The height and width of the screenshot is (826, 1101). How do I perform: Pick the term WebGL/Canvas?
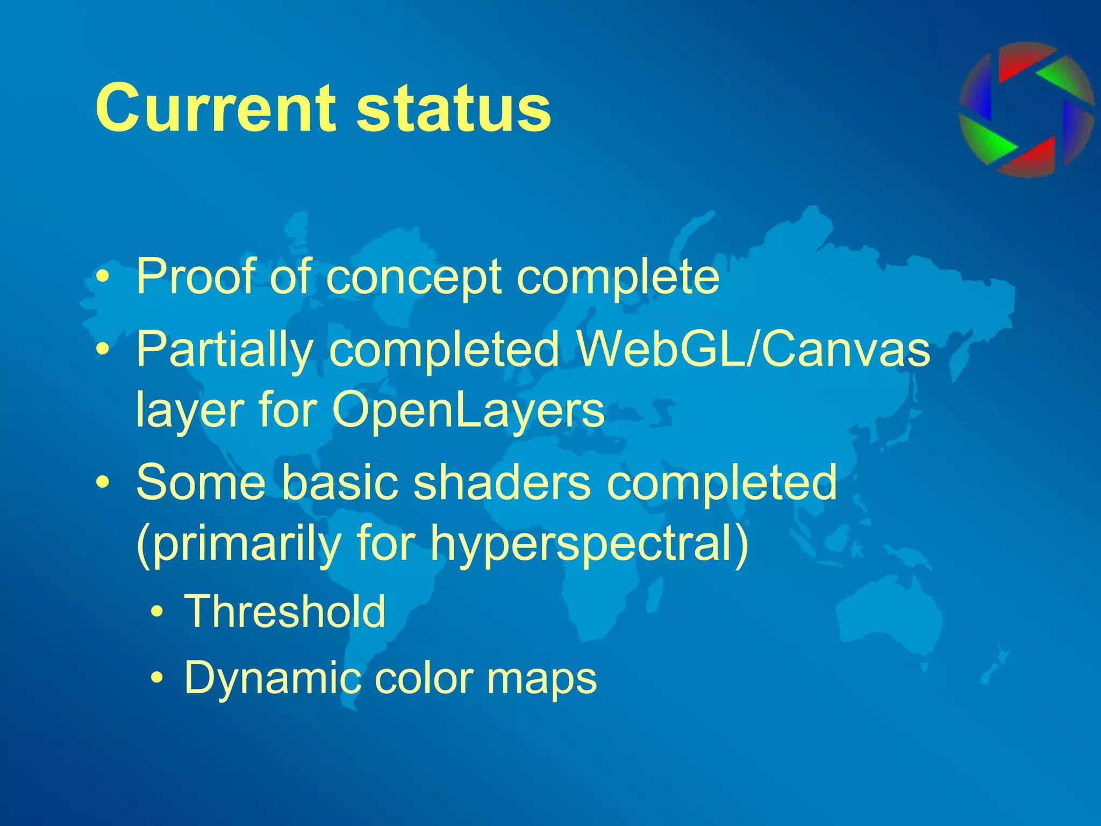(753, 350)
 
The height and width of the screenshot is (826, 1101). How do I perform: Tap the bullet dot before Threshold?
(157, 613)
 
